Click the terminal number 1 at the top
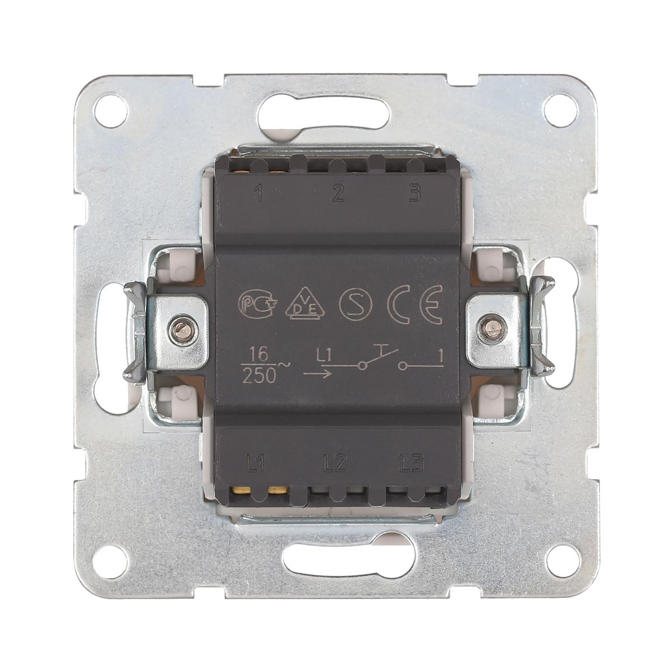pyautogui.click(x=259, y=194)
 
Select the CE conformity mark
pyautogui.click(x=415, y=305)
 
